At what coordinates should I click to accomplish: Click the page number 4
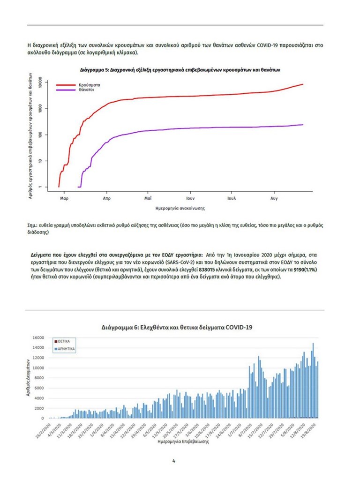[x=174, y=461]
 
